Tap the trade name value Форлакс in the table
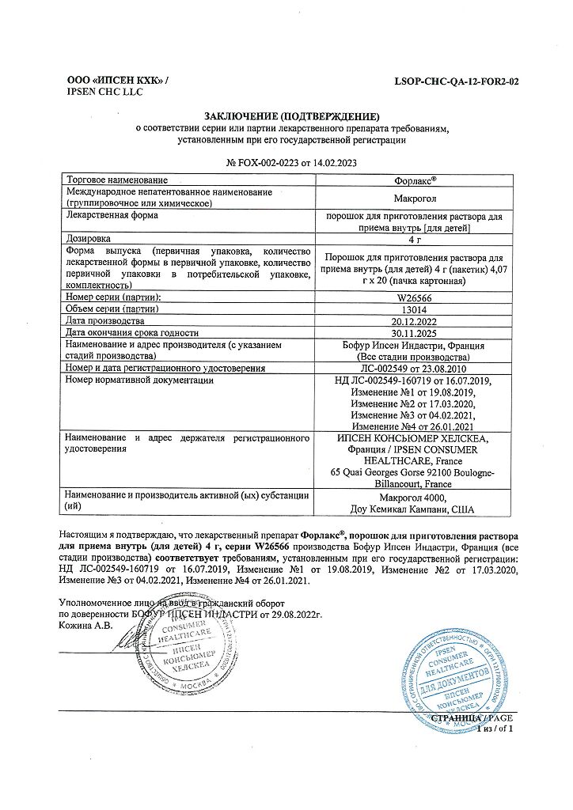point(408,180)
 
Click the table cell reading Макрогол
point(408,198)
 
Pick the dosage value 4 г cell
point(408,237)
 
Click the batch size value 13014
point(408,309)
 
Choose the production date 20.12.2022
point(408,321)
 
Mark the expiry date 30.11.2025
point(408,333)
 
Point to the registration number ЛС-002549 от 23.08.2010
point(408,369)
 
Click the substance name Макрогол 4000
point(408,498)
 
